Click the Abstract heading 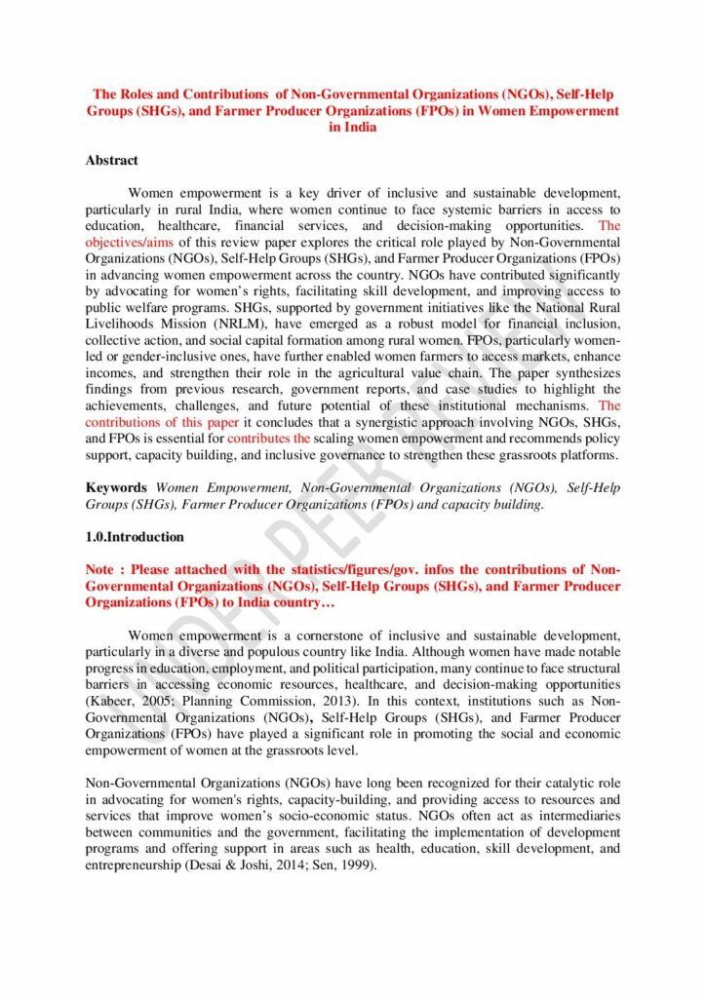click(x=111, y=160)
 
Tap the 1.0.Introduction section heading click(x=135, y=537)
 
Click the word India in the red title click(x=352, y=128)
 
